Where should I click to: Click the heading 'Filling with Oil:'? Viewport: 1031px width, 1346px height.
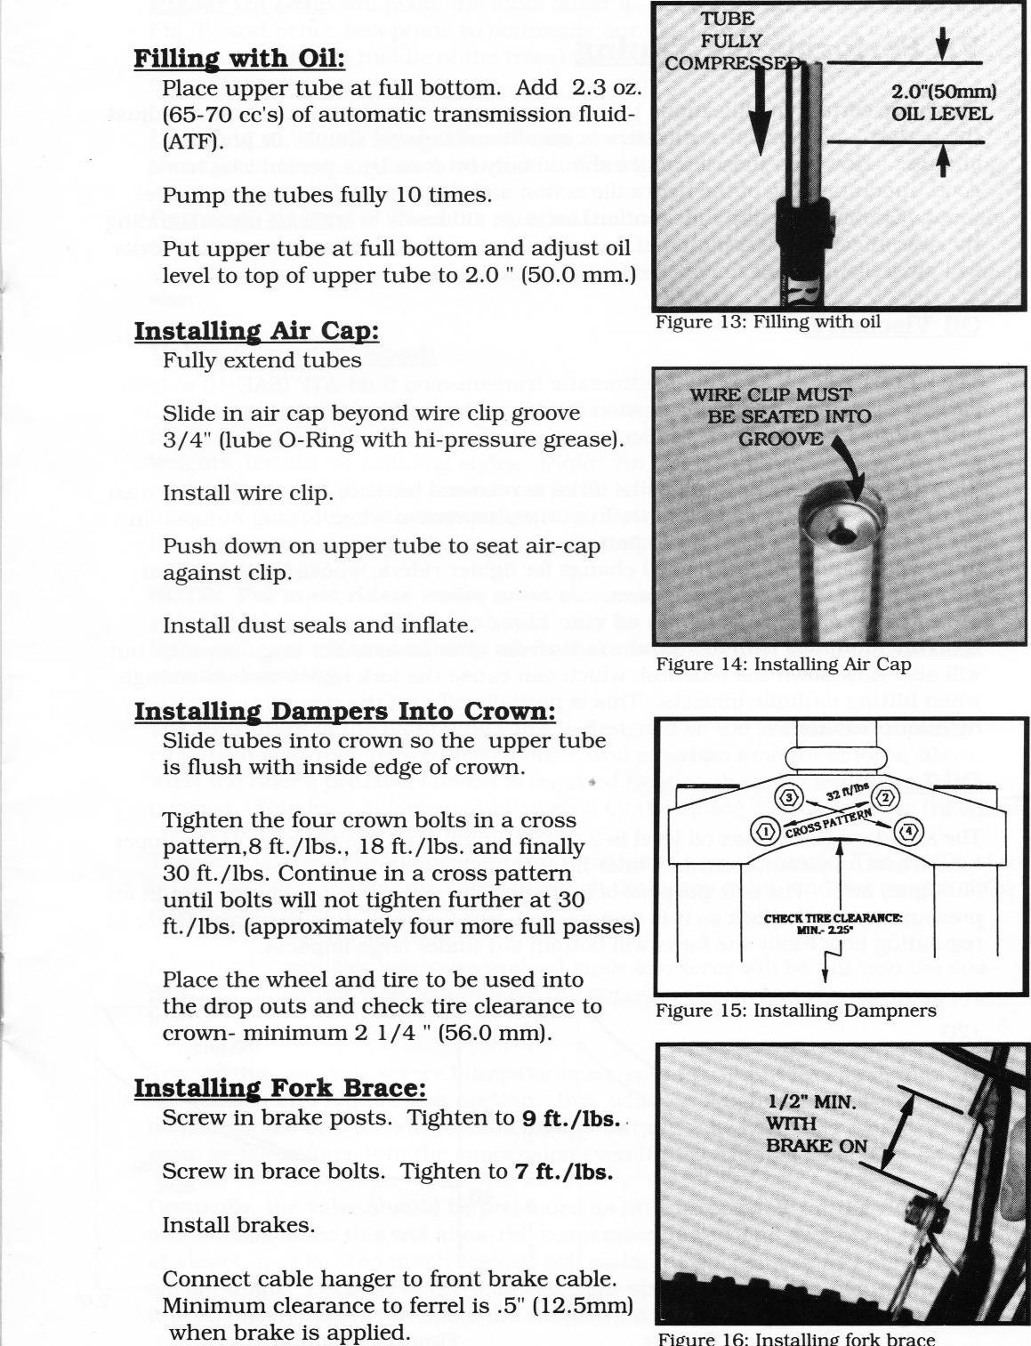(238, 59)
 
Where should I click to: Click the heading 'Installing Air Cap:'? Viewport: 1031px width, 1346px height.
(256, 331)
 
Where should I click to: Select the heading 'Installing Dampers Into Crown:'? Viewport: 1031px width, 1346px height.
(345, 712)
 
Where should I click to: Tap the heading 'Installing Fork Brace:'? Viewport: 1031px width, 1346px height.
(280, 1088)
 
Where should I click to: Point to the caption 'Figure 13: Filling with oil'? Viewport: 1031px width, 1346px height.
(768, 322)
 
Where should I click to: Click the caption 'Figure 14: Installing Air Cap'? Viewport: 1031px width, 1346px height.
(783, 665)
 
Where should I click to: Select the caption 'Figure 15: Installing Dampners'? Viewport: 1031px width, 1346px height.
(796, 1011)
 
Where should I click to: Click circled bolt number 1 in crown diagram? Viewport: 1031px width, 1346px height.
(764, 832)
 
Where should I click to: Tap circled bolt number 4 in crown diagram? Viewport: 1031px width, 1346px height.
(907, 832)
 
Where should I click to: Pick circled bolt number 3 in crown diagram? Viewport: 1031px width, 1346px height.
(791, 795)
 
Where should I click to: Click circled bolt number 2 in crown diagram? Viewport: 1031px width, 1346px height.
(884, 795)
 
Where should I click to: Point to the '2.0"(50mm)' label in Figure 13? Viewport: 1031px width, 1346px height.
(943, 92)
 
